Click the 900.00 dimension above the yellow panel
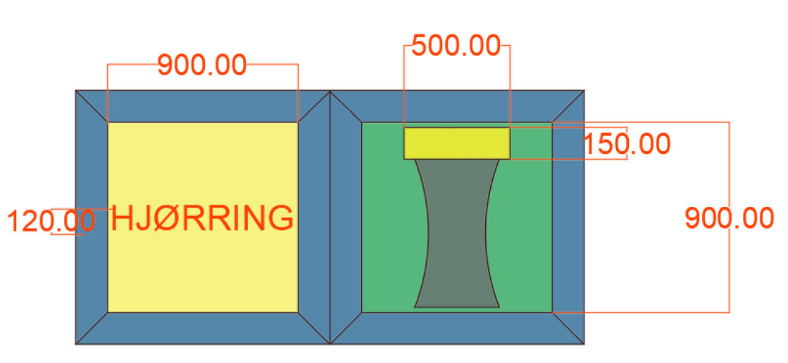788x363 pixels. (203, 65)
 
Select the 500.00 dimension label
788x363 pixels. (456, 46)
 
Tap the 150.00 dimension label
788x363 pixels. (627, 144)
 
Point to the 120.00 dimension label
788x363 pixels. (51, 222)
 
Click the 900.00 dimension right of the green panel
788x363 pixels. (730, 218)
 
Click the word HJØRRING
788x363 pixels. (202, 218)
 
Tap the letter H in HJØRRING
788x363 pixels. (121, 218)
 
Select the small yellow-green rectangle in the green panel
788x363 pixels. (457, 143)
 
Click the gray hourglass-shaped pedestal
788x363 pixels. (457, 233)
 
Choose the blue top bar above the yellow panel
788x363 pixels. (203, 106)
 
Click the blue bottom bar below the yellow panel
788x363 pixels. (203, 329)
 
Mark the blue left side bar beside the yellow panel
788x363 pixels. (92, 217)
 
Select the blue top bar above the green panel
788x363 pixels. (457, 106)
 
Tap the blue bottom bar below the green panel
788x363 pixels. (457, 329)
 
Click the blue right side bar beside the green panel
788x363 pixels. (568, 217)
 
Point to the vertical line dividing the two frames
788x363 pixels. (330, 217)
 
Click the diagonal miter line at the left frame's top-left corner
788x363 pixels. (92, 106)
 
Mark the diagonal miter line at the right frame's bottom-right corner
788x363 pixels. (568, 329)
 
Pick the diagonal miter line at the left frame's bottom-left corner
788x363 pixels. (92, 329)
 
